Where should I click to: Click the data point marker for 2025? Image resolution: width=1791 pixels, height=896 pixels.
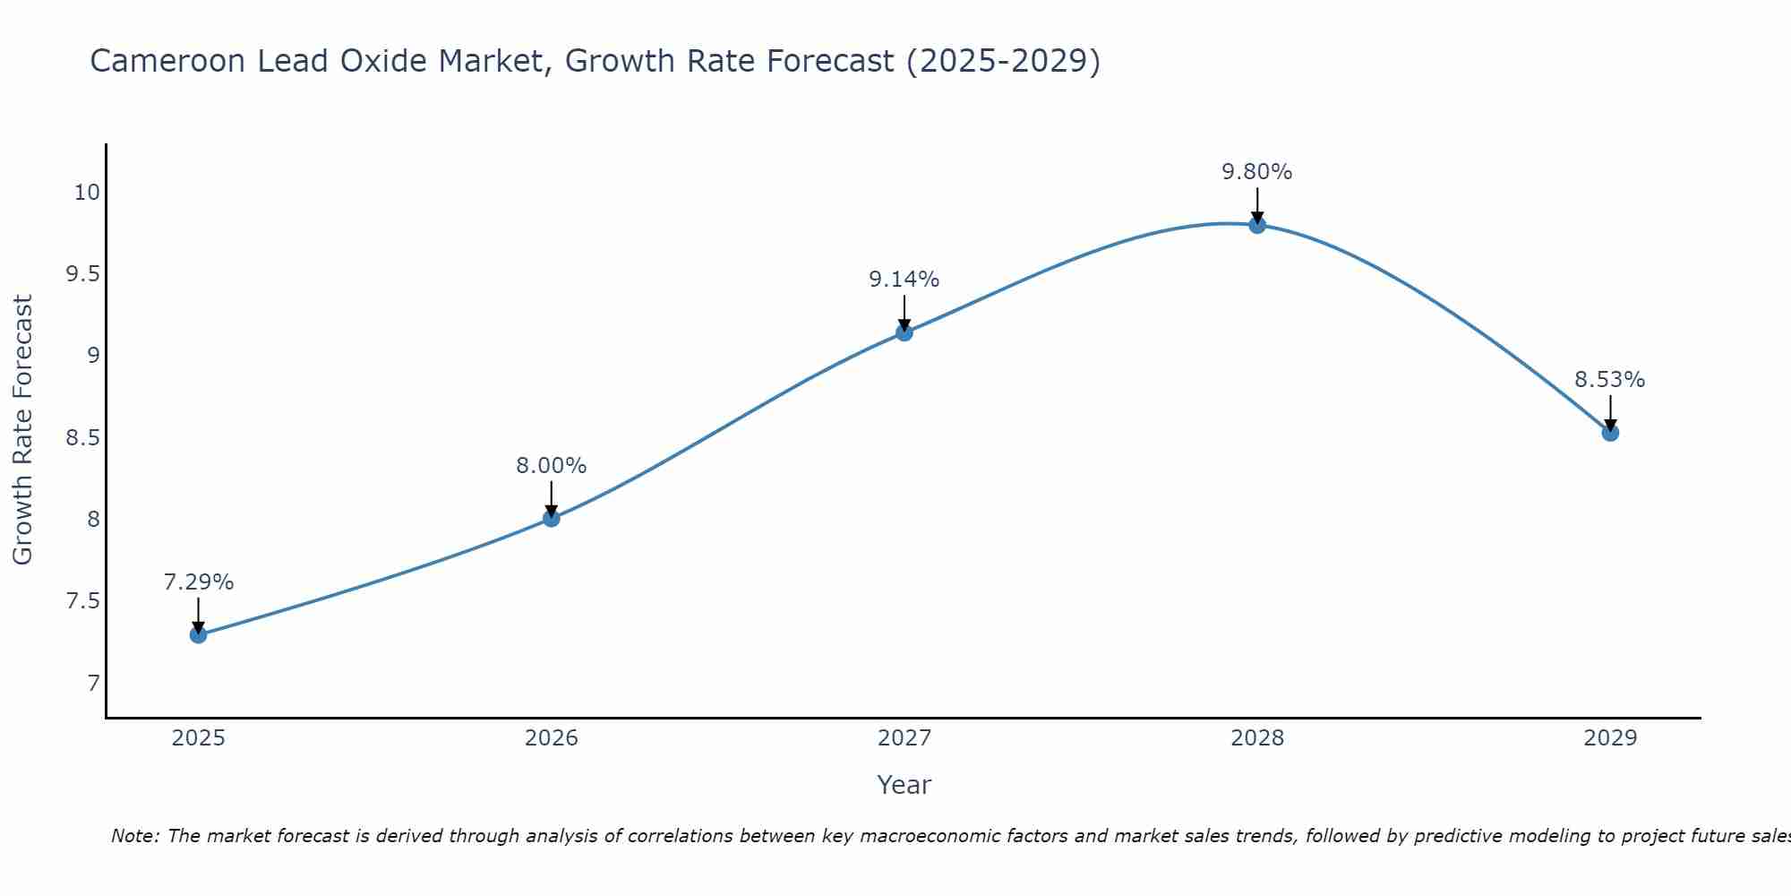tap(198, 635)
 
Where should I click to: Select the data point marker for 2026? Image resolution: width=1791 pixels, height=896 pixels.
tap(551, 518)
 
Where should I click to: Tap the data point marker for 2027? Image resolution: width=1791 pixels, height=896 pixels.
tap(904, 332)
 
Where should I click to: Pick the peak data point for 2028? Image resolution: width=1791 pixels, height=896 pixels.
tap(1256, 225)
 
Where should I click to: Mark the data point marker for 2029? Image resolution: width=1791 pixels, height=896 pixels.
tap(1609, 433)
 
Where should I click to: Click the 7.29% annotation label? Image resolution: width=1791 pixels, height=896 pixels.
tap(198, 582)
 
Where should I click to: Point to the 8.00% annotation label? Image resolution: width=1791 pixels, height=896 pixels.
tap(551, 466)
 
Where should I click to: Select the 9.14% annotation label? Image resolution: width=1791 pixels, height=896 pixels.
tap(904, 280)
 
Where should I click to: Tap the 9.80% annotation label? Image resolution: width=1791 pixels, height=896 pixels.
tap(1256, 172)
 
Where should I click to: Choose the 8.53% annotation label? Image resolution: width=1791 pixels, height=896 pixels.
tap(1609, 380)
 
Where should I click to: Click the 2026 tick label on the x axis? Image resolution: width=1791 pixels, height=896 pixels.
tap(551, 738)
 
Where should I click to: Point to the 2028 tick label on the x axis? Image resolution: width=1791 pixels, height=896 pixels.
tap(1256, 738)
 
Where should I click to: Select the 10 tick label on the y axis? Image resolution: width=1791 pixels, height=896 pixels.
tap(87, 193)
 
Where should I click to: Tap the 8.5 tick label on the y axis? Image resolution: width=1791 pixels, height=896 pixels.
tap(82, 438)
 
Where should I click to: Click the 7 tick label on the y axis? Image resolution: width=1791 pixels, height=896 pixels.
tap(93, 684)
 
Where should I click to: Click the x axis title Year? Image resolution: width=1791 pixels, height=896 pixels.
tap(904, 785)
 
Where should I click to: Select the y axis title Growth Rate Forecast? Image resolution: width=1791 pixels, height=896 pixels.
tap(22, 430)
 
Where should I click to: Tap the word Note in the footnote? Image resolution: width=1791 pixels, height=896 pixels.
tap(133, 836)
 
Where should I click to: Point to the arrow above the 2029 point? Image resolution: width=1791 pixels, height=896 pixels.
tap(1609, 412)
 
